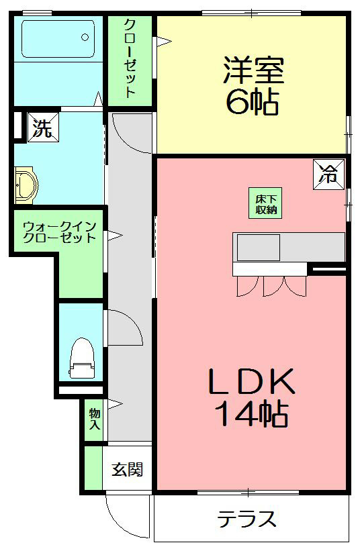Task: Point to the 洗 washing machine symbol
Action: [42, 128]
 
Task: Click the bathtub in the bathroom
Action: [58, 38]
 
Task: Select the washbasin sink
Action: [26, 185]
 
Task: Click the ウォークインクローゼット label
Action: [59, 232]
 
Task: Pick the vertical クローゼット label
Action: [130, 58]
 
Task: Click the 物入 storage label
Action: [94, 418]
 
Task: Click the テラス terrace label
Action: [246, 519]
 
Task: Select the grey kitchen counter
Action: [289, 247]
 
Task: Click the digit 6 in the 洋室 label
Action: [236, 102]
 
